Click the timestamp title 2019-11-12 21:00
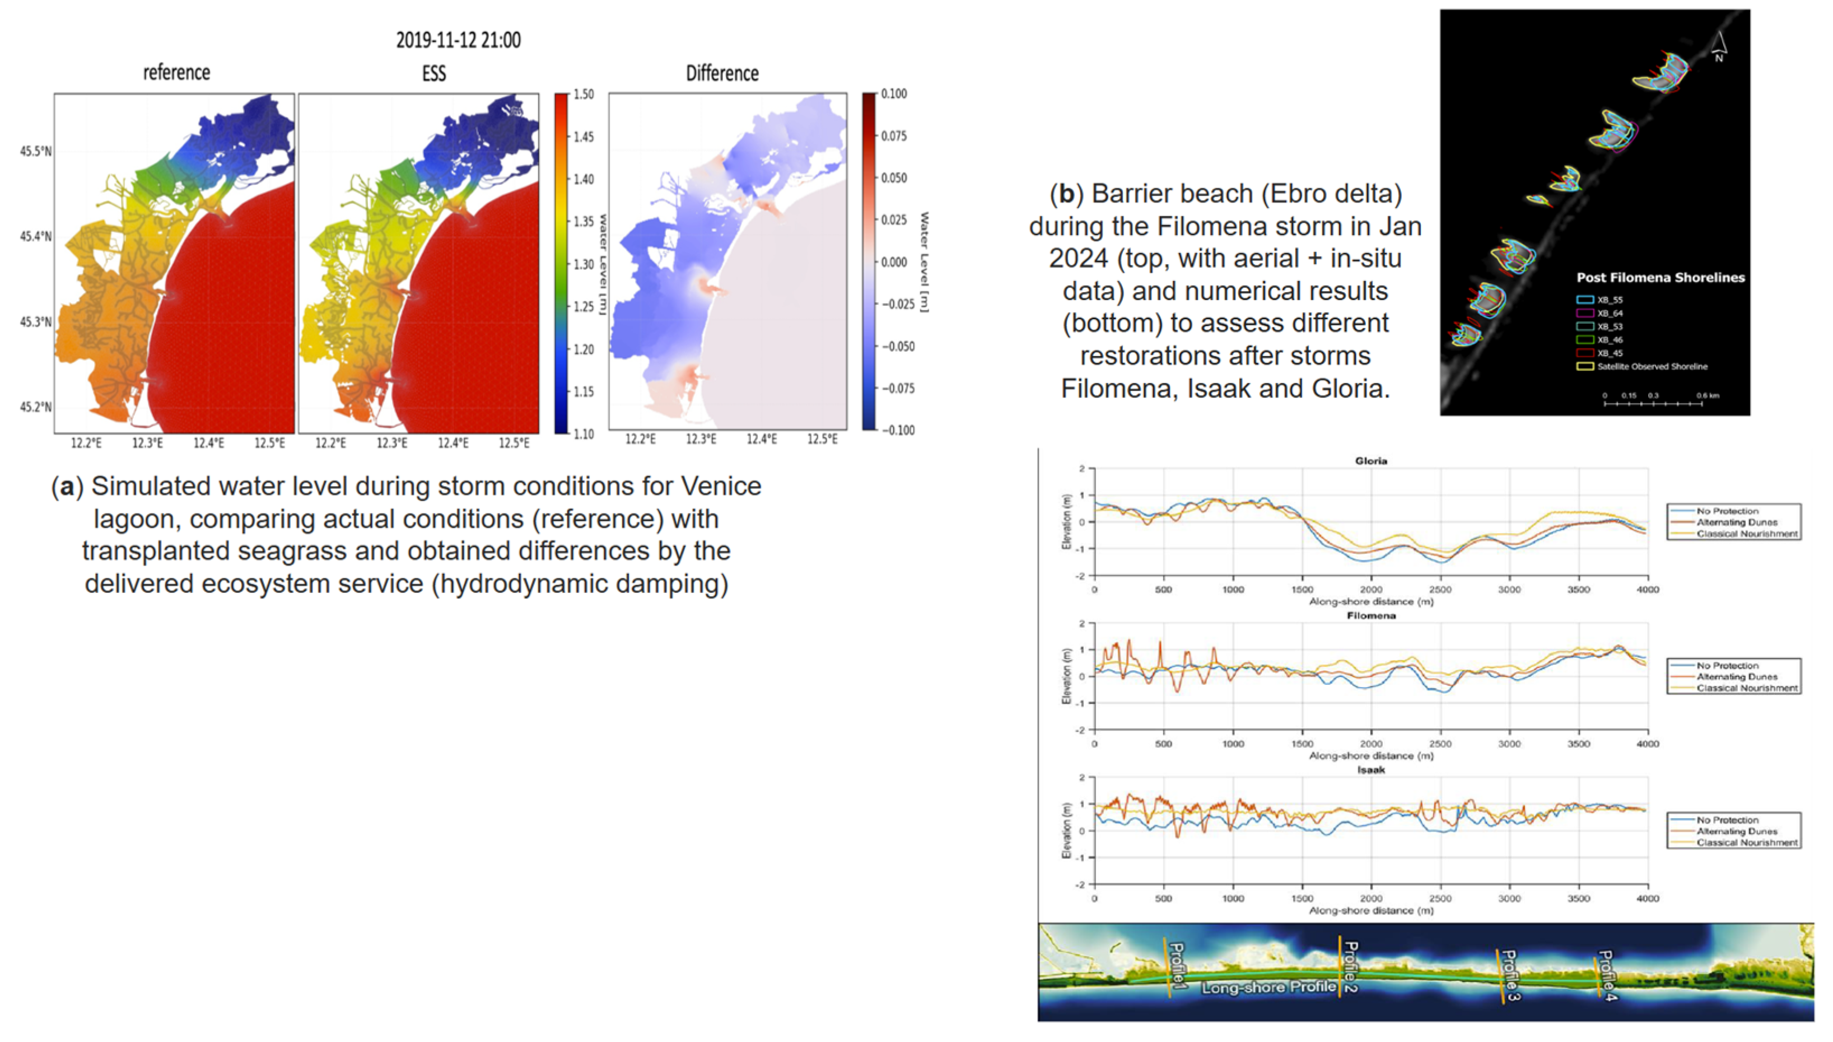tap(458, 40)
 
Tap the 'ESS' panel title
tap(433, 73)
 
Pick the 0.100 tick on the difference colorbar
tap(893, 94)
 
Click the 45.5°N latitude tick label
tap(36, 152)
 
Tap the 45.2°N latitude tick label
tap(36, 407)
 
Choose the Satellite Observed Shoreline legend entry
tap(1650, 366)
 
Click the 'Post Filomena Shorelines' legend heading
tap(1660, 278)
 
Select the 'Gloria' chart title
tap(1370, 461)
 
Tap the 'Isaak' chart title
tap(1370, 770)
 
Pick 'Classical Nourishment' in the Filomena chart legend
tap(1746, 688)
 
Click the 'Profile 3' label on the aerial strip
tap(1509, 975)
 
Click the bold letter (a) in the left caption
tap(67, 487)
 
